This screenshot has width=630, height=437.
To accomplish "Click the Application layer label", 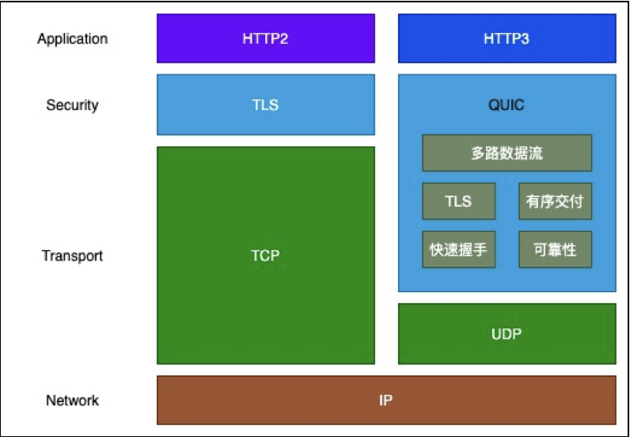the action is [x=72, y=39].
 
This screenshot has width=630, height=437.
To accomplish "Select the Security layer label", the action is [x=72, y=105].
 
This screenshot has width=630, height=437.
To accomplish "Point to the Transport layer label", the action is [x=72, y=256].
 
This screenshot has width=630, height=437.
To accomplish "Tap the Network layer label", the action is [x=72, y=401].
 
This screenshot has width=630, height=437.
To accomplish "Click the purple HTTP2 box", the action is [x=266, y=39].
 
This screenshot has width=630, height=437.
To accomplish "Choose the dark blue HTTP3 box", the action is [x=507, y=39].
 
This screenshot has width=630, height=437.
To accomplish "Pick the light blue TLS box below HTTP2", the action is [x=266, y=104].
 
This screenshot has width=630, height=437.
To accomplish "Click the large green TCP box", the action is [x=266, y=255].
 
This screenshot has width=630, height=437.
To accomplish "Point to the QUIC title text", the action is [x=507, y=105].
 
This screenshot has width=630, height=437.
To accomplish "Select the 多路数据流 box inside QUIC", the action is [x=507, y=153].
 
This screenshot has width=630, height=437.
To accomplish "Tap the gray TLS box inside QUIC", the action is [x=458, y=201].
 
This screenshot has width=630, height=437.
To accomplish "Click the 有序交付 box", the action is [x=555, y=201].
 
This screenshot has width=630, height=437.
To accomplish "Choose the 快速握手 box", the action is [x=458, y=249].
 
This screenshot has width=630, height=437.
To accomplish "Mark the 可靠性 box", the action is [x=555, y=249].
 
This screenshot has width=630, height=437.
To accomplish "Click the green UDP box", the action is [x=507, y=333].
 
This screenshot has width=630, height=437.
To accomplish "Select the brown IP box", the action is [x=386, y=400].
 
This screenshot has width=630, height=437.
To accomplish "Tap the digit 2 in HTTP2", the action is [x=283, y=39].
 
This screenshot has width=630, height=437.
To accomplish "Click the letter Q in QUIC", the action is [x=493, y=105].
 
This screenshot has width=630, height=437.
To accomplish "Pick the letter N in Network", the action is [x=51, y=401].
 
